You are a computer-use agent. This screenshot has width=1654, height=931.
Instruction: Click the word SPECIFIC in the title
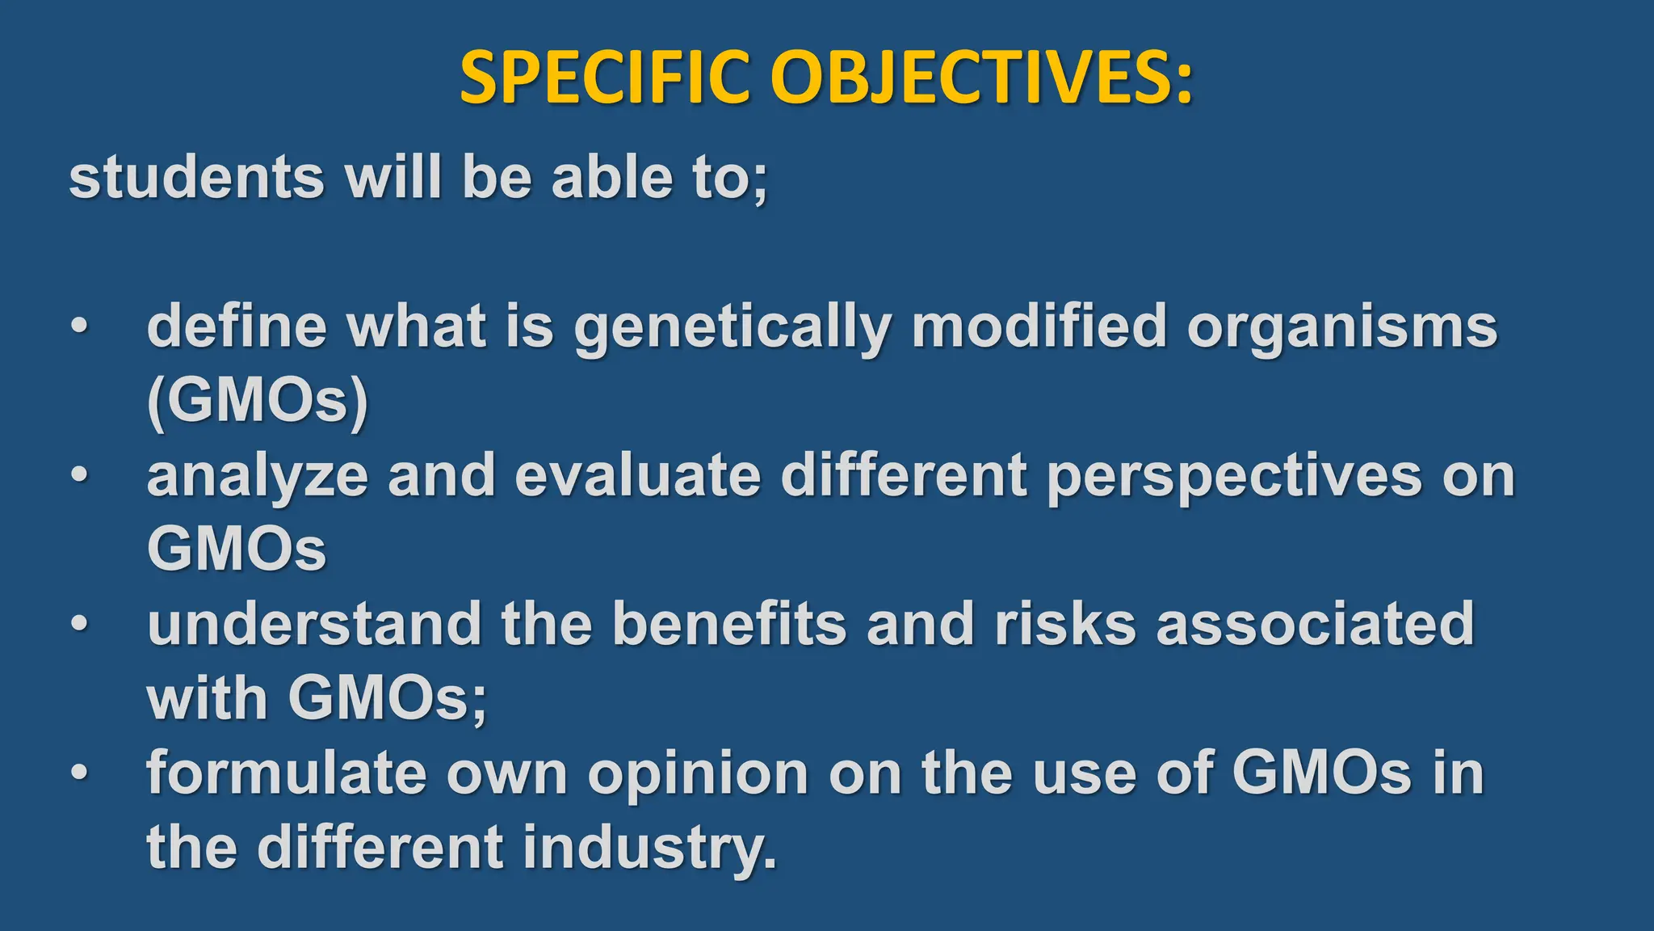pyautogui.click(x=606, y=78)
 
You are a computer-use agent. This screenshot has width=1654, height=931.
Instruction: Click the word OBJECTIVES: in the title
pyautogui.click(x=980, y=78)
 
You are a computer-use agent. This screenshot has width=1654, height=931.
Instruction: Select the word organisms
pyautogui.click(x=1341, y=328)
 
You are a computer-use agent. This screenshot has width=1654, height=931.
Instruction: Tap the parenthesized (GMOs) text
pyautogui.click(x=257, y=401)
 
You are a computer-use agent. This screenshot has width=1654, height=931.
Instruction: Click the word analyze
pyautogui.click(x=257, y=477)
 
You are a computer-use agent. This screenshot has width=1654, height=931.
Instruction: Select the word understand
pyautogui.click(x=314, y=624)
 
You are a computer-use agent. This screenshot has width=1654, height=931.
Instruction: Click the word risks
pyautogui.click(x=1065, y=624)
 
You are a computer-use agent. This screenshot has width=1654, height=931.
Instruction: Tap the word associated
pyautogui.click(x=1315, y=624)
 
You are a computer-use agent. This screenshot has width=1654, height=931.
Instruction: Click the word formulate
pyautogui.click(x=286, y=773)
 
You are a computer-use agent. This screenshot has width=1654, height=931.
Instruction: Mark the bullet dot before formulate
pyautogui.click(x=78, y=773)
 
